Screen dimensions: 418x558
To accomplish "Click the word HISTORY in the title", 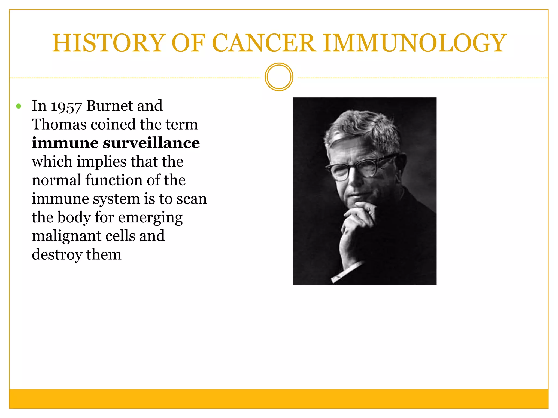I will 109,43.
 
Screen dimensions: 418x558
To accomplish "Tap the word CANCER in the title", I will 264,43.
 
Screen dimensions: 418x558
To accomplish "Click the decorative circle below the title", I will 279,77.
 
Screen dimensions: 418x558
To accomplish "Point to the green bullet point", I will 19,106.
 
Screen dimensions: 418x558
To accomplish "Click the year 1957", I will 66,106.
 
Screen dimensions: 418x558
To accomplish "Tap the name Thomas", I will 59,124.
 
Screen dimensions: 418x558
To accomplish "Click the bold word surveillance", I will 151,143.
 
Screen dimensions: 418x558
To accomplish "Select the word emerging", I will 150,218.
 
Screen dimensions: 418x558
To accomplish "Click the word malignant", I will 66,236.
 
